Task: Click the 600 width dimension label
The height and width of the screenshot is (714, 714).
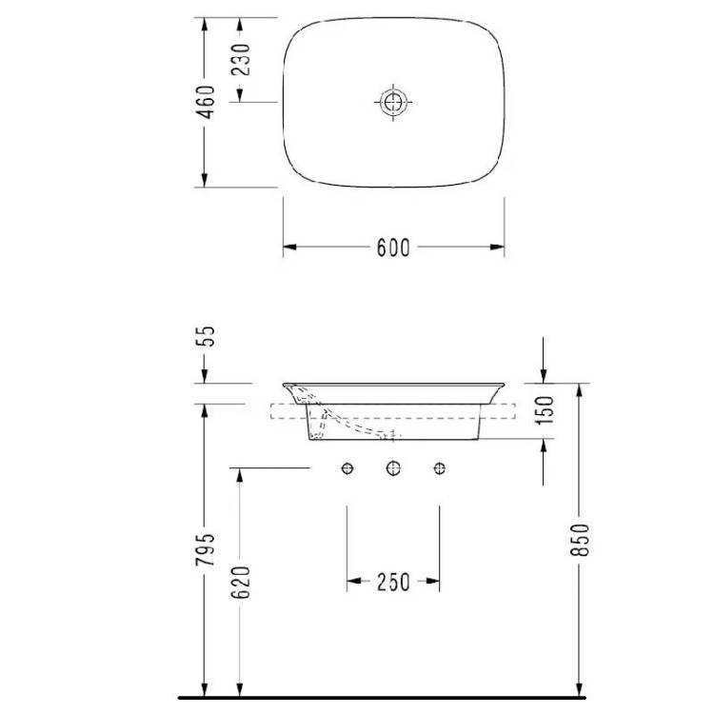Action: click(x=393, y=248)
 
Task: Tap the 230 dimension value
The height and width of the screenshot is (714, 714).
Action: click(x=242, y=60)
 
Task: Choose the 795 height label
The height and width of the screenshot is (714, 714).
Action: click(x=205, y=549)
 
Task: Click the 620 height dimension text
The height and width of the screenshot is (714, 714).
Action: click(x=242, y=583)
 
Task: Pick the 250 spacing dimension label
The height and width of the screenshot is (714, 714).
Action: click(x=393, y=582)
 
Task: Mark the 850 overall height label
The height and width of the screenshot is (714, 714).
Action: click(x=580, y=540)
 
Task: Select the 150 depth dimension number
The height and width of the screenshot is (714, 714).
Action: click(x=545, y=410)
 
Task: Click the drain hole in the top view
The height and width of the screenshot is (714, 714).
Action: click(x=393, y=102)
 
